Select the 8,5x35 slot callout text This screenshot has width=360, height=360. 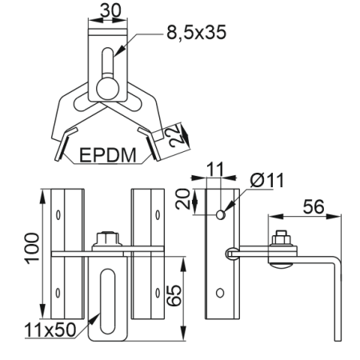pos(197,32)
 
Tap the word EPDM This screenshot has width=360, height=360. pos(108,155)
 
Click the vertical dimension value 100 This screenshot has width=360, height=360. pos(32,248)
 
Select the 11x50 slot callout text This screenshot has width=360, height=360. pos(50,330)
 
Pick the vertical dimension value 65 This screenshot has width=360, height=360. pos(174,295)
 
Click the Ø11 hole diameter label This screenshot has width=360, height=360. pos(267,180)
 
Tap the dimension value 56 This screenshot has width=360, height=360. pos(314,206)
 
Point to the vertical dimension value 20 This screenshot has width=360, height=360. pos(183,199)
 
